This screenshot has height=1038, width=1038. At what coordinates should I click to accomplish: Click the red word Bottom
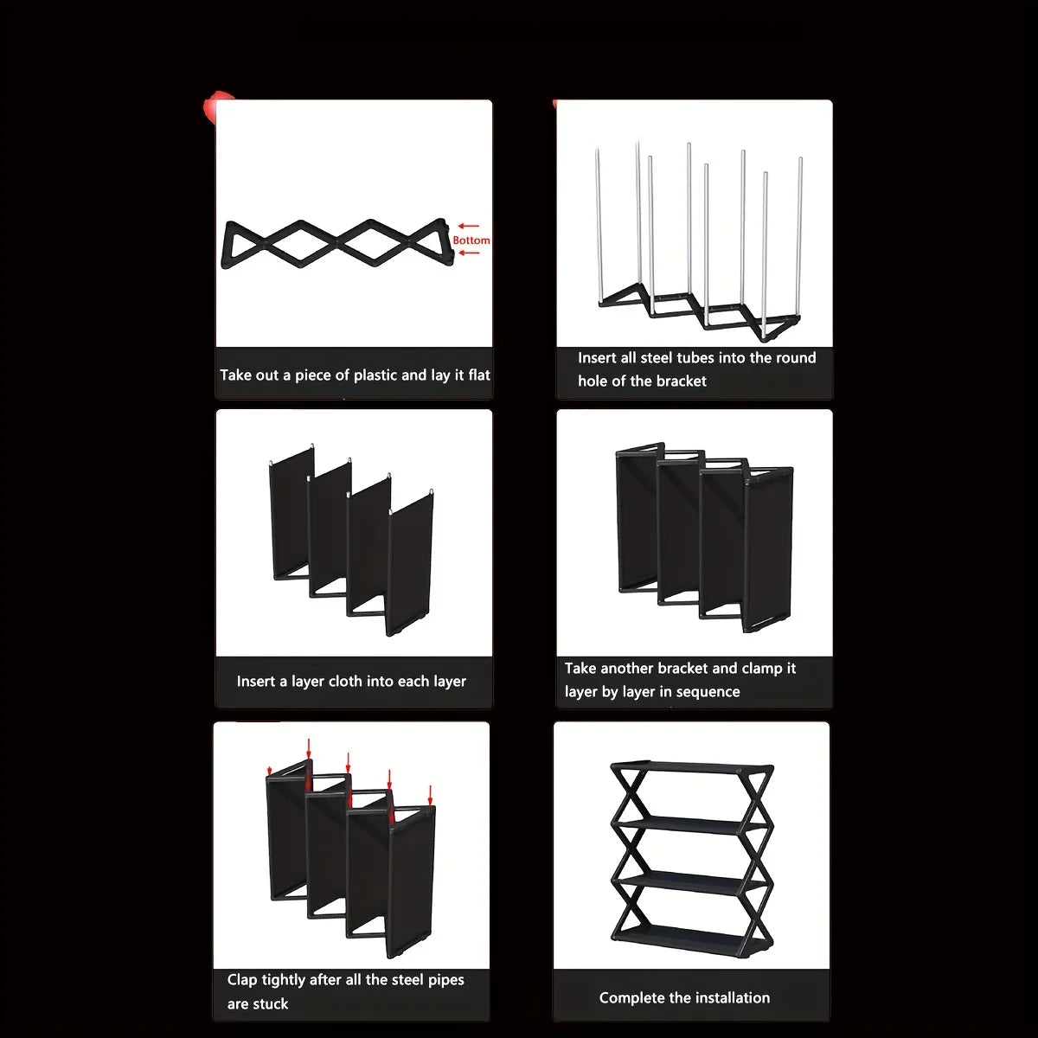pos(471,240)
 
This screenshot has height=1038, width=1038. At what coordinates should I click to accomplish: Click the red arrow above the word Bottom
pos(468,227)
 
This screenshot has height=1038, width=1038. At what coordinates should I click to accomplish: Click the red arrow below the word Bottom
pos(468,253)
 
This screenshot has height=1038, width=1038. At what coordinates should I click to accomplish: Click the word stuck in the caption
pos(272,1003)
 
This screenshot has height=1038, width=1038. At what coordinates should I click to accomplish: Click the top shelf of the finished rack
pos(693,766)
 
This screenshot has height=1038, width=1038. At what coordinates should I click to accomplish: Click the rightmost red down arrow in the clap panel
pos(430,795)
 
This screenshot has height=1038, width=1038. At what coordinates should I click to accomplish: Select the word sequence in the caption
pos(708,692)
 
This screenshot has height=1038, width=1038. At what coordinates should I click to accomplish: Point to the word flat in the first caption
pos(479,375)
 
